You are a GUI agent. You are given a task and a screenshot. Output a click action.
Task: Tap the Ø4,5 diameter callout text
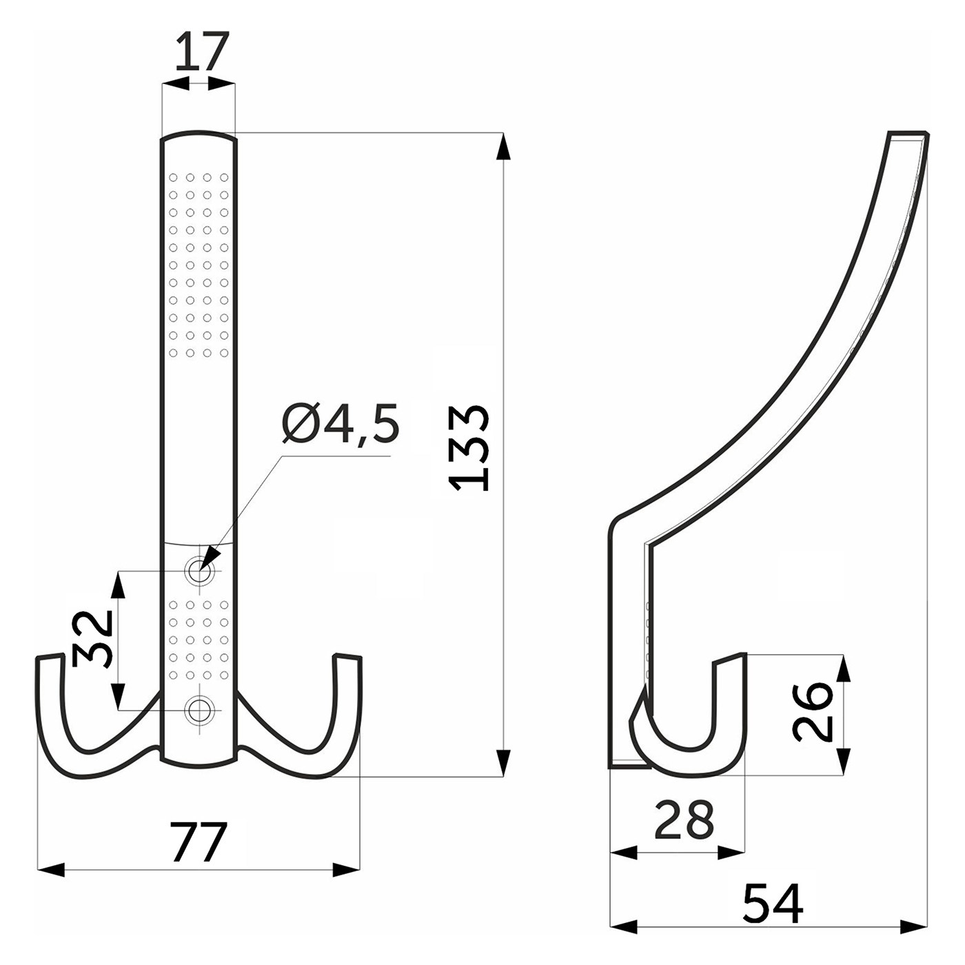coord(341,423)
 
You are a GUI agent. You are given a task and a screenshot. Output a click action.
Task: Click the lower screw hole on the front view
coord(199,709)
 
